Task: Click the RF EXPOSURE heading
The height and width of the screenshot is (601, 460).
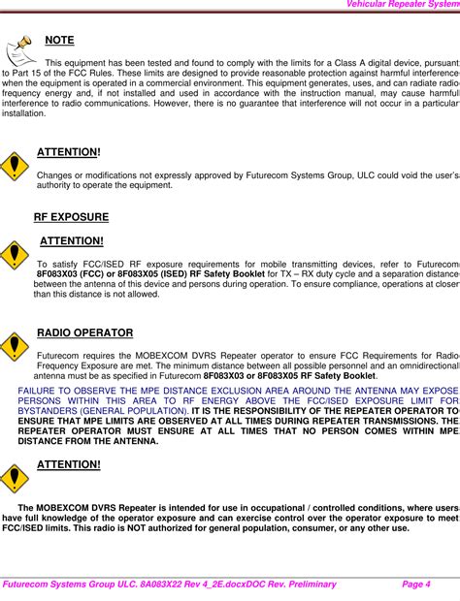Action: pyautogui.click(x=71, y=217)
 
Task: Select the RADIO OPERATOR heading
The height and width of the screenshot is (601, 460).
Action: pyautogui.click(x=84, y=333)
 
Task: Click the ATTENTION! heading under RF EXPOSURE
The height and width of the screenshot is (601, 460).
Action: pyautogui.click(x=71, y=240)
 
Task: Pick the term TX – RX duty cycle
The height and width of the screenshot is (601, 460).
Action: pyautogui.click(x=314, y=274)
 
